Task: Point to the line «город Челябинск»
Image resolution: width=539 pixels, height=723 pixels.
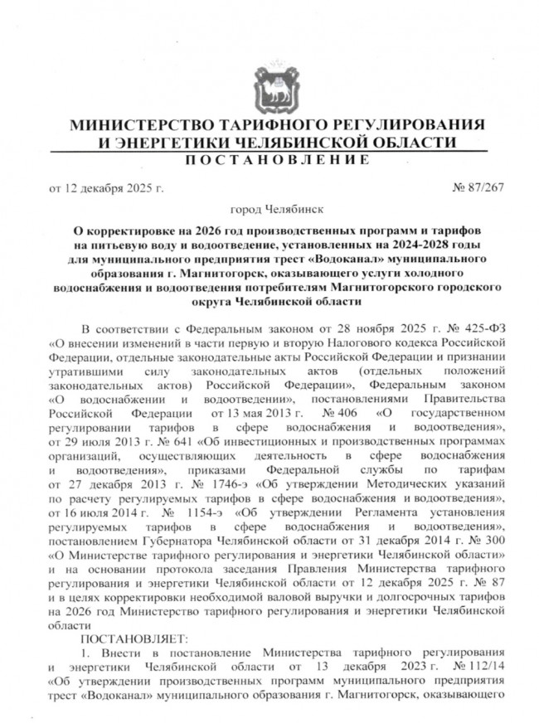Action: [269, 211]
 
